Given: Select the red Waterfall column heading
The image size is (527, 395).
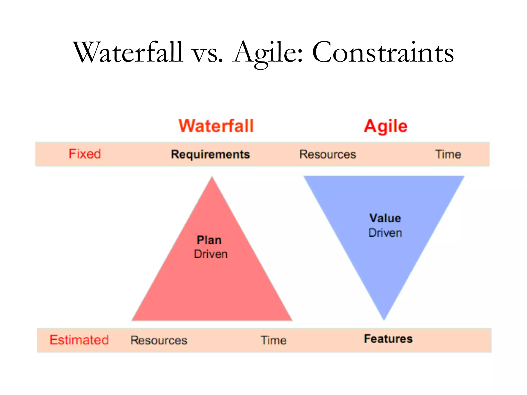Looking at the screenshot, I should pos(216,126).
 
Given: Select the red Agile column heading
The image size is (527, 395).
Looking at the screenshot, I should pos(385,127).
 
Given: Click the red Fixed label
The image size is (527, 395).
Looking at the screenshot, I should pos(85,154).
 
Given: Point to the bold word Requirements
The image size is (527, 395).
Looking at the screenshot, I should pos(210,155).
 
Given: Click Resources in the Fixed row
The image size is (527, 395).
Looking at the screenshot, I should pos(328,155).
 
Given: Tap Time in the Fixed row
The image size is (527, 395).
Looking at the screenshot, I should pos(448,155).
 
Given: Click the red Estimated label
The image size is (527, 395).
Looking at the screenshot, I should pos(79,340).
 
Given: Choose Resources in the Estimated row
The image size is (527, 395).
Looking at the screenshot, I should pos(159,340).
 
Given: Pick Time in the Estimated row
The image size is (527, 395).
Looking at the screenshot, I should pos(274,340).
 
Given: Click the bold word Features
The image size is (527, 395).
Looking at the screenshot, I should pos(388,339).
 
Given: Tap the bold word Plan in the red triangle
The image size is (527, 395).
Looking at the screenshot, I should pos(209,240).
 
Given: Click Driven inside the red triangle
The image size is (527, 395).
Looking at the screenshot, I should pos(211,254).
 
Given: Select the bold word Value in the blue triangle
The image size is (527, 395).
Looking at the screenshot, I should pos(385,218).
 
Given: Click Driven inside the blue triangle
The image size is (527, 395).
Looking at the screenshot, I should pos(385,233).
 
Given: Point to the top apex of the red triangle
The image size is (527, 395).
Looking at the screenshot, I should pos(212,178).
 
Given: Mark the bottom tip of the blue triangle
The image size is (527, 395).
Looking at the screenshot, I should pos(384,319).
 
